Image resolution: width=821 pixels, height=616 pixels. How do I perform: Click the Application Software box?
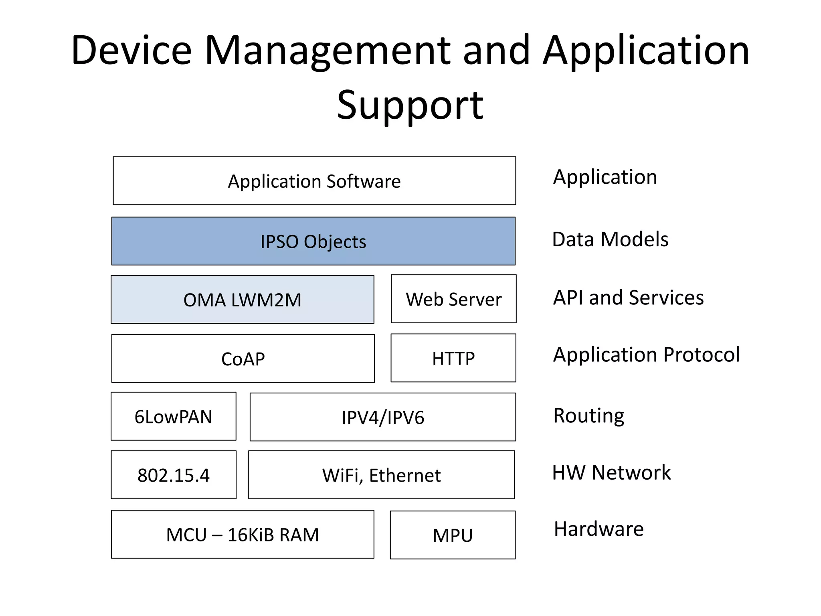click(x=314, y=181)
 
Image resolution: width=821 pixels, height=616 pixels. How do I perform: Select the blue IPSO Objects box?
click(x=313, y=241)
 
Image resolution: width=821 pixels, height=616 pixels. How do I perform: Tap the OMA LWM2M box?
click(x=243, y=300)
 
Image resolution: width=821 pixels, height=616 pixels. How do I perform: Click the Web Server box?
click(x=454, y=299)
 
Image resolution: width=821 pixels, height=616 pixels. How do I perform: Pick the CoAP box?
click(x=243, y=359)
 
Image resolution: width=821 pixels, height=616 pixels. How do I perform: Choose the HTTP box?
click(x=453, y=358)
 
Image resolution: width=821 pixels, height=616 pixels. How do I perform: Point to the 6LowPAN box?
click(x=174, y=416)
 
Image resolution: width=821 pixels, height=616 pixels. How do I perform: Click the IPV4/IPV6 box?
click(x=383, y=417)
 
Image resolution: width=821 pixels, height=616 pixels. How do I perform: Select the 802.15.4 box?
click(x=174, y=475)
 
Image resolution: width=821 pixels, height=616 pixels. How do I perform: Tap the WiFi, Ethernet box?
click(x=382, y=475)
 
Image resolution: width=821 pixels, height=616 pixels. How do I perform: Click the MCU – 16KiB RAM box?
click(x=243, y=535)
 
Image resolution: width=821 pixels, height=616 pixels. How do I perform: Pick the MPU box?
click(x=453, y=535)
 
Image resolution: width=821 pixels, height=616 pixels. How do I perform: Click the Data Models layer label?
click(x=610, y=239)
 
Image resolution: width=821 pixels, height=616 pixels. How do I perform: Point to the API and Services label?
click(x=628, y=298)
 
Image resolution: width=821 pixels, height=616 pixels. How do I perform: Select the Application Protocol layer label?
click(x=646, y=355)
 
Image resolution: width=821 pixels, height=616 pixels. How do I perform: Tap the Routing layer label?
click(x=588, y=415)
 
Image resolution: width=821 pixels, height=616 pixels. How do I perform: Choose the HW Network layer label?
click(x=611, y=472)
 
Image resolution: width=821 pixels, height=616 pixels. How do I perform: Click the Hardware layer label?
click(x=599, y=529)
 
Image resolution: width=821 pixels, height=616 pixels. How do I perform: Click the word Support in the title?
click(x=410, y=105)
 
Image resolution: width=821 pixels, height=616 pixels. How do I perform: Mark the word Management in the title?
click(x=328, y=51)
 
